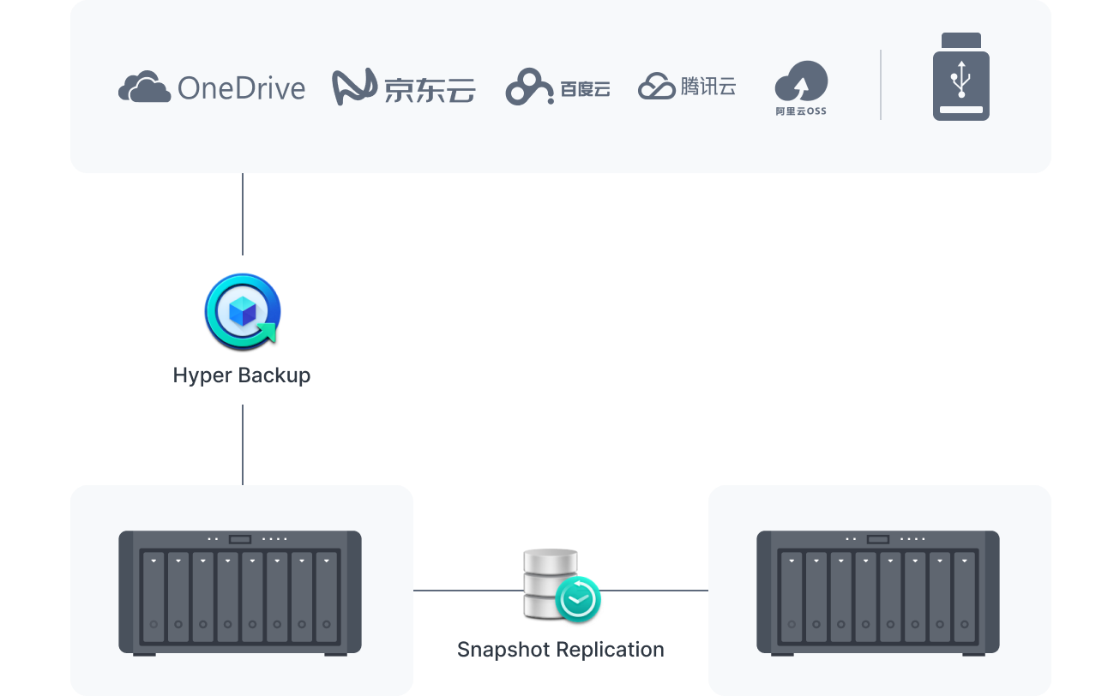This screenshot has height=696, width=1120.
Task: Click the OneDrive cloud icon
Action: point(144,87)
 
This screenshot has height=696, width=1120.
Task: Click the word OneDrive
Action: point(241,88)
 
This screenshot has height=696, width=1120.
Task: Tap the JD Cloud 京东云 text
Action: point(430,89)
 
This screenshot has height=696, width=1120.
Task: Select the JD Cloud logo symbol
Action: point(355,87)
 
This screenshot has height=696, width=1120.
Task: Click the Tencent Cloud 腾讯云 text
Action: point(708,87)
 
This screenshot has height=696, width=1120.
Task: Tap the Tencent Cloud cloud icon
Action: point(657,87)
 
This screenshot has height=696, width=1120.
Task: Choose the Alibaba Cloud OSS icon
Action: point(801,82)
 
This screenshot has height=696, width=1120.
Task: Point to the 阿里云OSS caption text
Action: point(801,111)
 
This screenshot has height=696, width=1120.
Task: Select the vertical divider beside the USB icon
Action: point(881,84)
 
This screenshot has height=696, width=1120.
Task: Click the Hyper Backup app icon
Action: point(243,311)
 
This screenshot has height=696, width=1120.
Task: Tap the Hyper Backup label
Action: point(242,375)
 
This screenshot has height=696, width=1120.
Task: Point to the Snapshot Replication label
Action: point(560,650)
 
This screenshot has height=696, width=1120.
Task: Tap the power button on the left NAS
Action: point(240,539)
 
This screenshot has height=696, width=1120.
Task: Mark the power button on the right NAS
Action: point(877,539)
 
